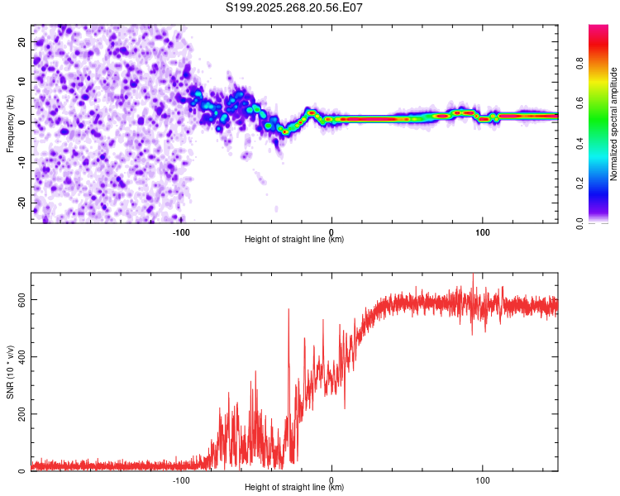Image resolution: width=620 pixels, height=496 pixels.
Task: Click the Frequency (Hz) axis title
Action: (x=10, y=123)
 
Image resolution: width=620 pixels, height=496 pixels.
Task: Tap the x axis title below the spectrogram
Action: (x=294, y=240)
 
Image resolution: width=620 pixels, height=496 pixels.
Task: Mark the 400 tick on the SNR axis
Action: (x=20, y=356)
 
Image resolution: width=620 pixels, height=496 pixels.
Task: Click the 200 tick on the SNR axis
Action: (x=20, y=414)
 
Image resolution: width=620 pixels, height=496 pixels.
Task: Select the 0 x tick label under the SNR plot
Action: (x=331, y=479)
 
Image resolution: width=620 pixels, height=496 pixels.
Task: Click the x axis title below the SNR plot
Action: (x=294, y=488)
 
